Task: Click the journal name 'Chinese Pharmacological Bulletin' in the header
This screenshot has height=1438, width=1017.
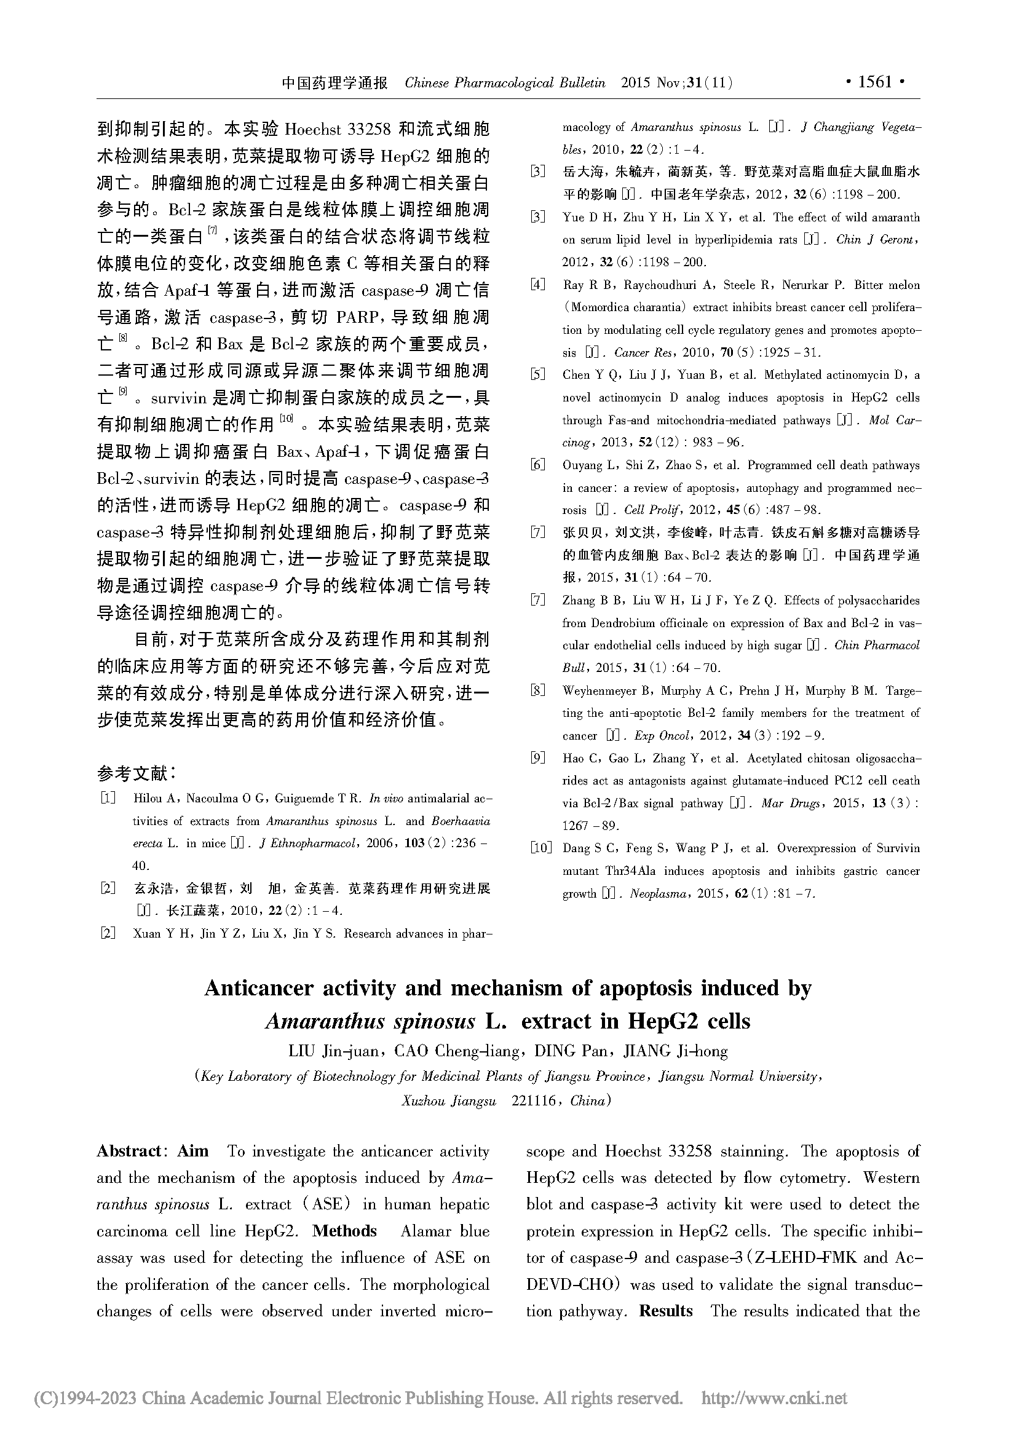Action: [505, 82]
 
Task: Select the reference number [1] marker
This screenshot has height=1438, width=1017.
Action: [108, 799]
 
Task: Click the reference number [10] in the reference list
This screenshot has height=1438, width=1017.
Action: [542, 848]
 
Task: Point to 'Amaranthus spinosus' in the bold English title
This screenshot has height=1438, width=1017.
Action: [370, 1022]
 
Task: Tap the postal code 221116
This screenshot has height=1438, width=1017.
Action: [534, 1100]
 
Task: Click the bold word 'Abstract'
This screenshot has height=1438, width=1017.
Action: [129, 1151]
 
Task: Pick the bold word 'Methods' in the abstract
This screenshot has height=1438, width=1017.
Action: [344, 1231]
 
